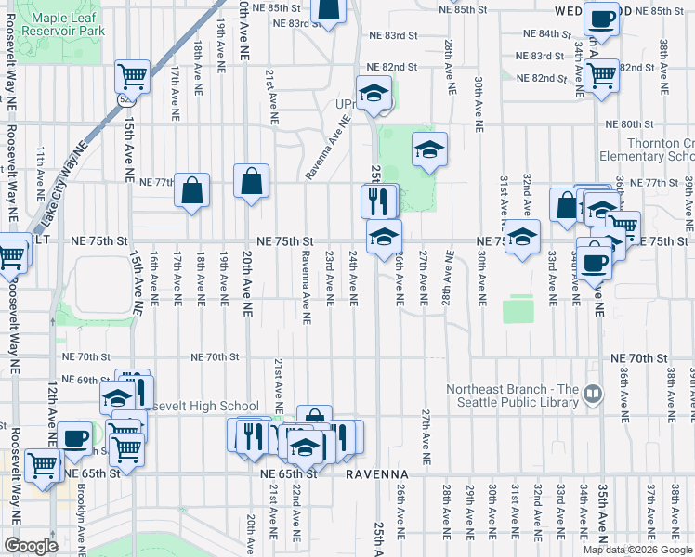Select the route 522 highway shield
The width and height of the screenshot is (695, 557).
[124, 96]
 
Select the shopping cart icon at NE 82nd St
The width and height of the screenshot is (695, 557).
[602, 74]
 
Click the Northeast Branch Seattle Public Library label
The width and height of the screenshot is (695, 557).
[512, 395]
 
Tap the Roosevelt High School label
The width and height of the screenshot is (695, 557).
[203, 406]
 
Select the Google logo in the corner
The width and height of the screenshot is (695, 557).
[31, 546]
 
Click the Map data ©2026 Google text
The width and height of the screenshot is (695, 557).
[636, 550]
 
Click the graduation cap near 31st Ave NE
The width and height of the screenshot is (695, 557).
[522, 236]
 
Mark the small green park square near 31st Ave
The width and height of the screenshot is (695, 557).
[518, 310]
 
